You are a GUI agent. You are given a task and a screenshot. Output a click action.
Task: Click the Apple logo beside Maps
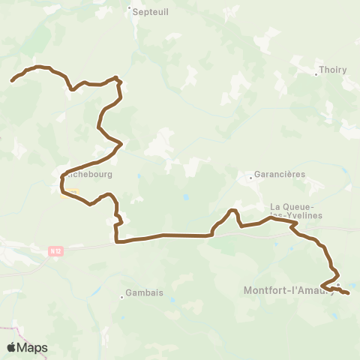[x=11, y=347]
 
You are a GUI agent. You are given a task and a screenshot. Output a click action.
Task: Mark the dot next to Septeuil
[x=129, y=10]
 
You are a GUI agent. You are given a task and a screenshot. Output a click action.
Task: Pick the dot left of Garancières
[x=250, y=178]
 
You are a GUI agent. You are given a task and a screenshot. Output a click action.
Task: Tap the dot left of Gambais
[x=122, y=296]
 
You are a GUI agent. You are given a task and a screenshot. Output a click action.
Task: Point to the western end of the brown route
[x=12, y=80]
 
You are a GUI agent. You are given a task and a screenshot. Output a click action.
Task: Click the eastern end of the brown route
[x=349, y=293]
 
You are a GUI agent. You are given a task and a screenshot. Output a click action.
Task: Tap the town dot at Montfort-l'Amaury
[x=338, y=285]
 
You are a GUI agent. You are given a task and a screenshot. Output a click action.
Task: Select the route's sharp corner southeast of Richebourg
[x=117, y=242]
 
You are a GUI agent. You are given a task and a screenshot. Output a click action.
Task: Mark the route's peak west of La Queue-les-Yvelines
[x=233, y=210]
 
